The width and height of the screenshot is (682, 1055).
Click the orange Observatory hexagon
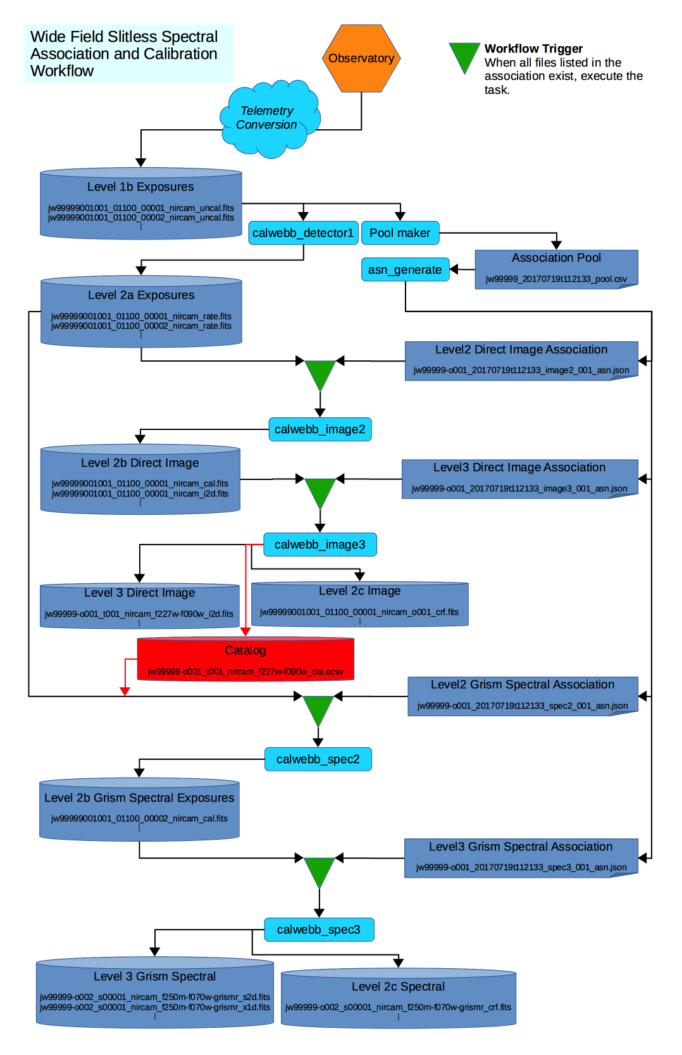pyautogui.click(x=361, y=58)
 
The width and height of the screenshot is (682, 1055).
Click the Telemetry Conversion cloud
pyautogui.click(x=268, y=118)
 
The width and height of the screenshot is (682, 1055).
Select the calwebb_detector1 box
pyautogui.click(x=303, y=233)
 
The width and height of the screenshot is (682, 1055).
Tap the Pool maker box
pyautogui.click(x=400, y=233)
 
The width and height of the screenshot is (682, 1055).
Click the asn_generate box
pyautogui.click(x=405, y=270)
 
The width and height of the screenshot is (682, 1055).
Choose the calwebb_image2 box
pyautogui.click(x=319, y=429)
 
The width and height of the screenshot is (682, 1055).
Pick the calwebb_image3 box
pyautogui.click(x=319, y=545)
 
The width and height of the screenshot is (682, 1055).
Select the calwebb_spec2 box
pyautogui.click(x=318, y=759)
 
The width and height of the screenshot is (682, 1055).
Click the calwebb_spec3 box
pyautogui.click(x=318, y=930)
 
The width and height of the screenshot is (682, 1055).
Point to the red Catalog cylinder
pyautogui.click(x=245, y=659)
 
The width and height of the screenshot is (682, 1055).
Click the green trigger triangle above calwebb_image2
pyautogui.click(x=320, y=374)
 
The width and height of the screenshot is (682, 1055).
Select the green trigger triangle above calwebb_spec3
pyautogui.click(x=319, y=871)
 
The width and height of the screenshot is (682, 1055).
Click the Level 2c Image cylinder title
pyautogui.click(x=359, y=591)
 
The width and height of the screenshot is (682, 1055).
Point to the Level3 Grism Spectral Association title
pyautogui.click(x=521, y=847)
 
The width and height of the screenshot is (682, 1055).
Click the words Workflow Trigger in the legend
pyautogui.click(x=533, y=49)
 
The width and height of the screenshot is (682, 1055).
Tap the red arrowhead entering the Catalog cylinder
pyautogui.click(x=245, y=631)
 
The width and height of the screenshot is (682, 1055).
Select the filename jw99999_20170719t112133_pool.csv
pyautogui.click(x=556, y=279)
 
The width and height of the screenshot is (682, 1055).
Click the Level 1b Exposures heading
pyautogui.click(x=140, y=187)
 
